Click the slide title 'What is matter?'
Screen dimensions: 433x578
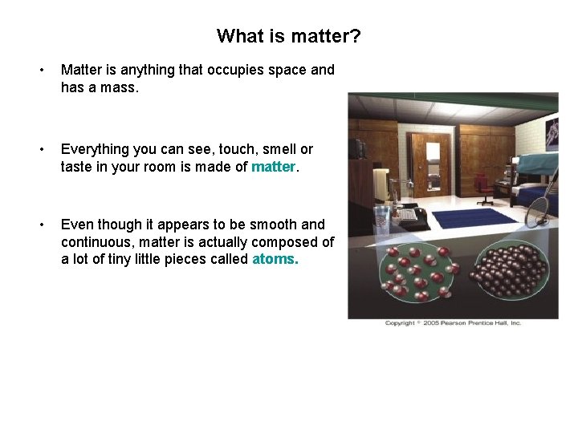tap(288, 36)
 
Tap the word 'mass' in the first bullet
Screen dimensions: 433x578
tap(120, 87)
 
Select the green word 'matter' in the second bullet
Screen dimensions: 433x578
tap(273, 166)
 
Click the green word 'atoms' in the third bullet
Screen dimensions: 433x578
tap(274, 259)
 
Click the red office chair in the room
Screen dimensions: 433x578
tap(485, 188)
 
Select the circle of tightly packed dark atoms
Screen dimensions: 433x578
tap(506, 272)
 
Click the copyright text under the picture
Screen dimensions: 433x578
tap(453, 323)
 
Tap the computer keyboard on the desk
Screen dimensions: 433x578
tap(409, 215)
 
